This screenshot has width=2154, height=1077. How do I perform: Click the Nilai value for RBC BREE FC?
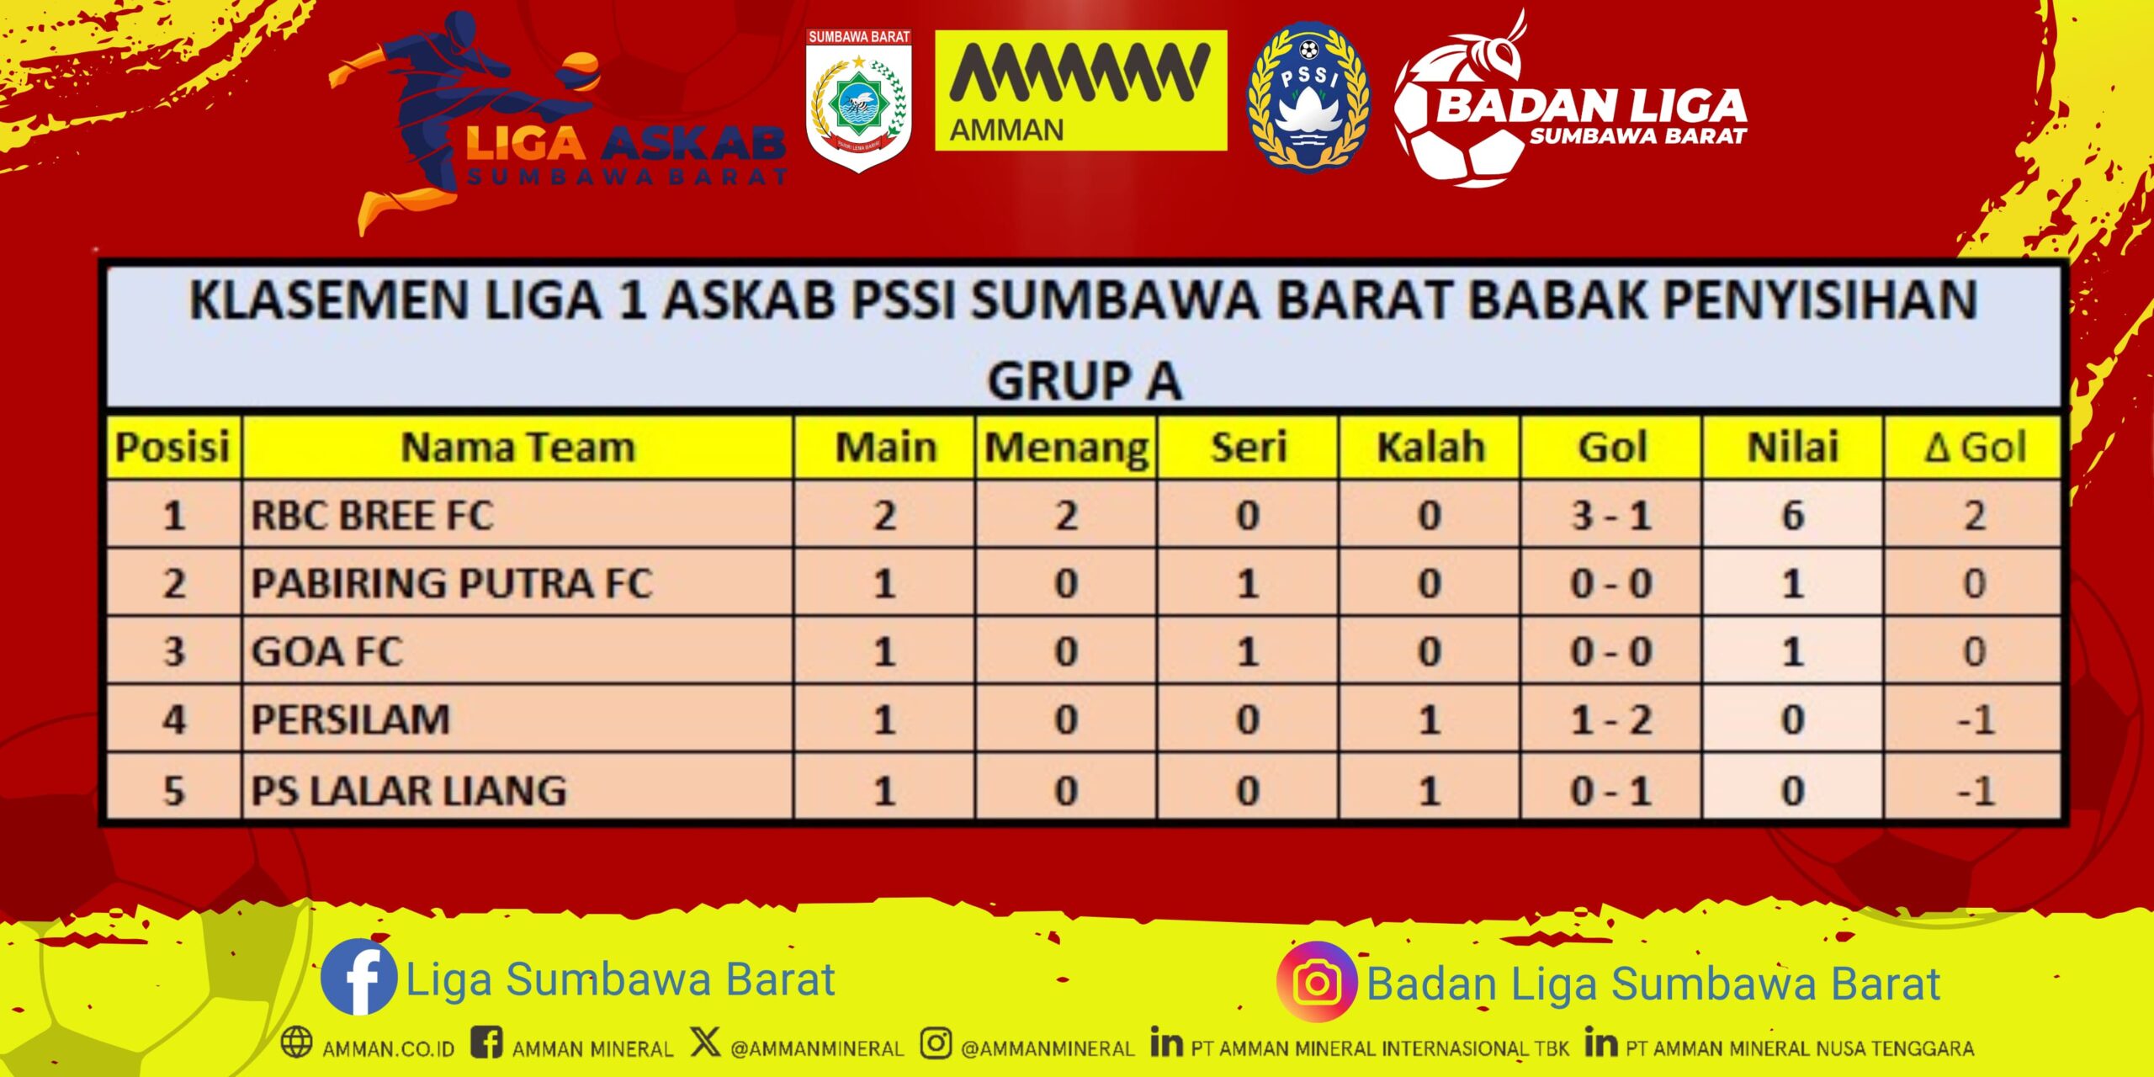pyautogui.click(x=1793, y=515)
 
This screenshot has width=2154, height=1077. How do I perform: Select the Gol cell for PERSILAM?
pyautogui.click(x=1611, y=720)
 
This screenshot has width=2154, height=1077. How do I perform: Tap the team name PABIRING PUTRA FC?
pyautogui.click(x=452, y=583)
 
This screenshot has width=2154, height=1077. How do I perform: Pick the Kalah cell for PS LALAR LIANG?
pyautogui.click(x=1430, y=790)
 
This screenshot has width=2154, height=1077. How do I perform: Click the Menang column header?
pyautogui.click(x=1066, y=448)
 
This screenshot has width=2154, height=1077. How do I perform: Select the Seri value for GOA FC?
pyautogui.click(x=1248, y=651)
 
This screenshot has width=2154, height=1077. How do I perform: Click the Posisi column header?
pyautogui.click(x=172, y=447)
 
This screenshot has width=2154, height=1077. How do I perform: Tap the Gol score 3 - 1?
pyautogui.click(x=1611, y=515)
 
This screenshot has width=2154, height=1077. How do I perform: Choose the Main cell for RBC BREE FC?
pyautogui.click(x=884, y=515)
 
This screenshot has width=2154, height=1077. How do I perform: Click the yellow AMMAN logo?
pyautogui.click(x=1081, y=91)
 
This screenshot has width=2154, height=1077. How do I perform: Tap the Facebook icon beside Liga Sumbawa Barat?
pyautogui.click(x=359, y=977)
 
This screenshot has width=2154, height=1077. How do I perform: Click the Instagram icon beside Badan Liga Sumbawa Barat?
pyautogui.click(x=1317, y=982)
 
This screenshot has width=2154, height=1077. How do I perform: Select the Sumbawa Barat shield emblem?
pyautogui.click(x=859, y=100)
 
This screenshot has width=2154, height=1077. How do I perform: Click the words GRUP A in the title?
pyautogui.click(x=1085, y=380)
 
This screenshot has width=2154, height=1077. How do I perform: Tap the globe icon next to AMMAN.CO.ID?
pyautogui.click(x=296, y=1042)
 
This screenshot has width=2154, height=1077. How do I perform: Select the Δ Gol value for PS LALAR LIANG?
pyautogui.click(x=1975, y=790)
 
